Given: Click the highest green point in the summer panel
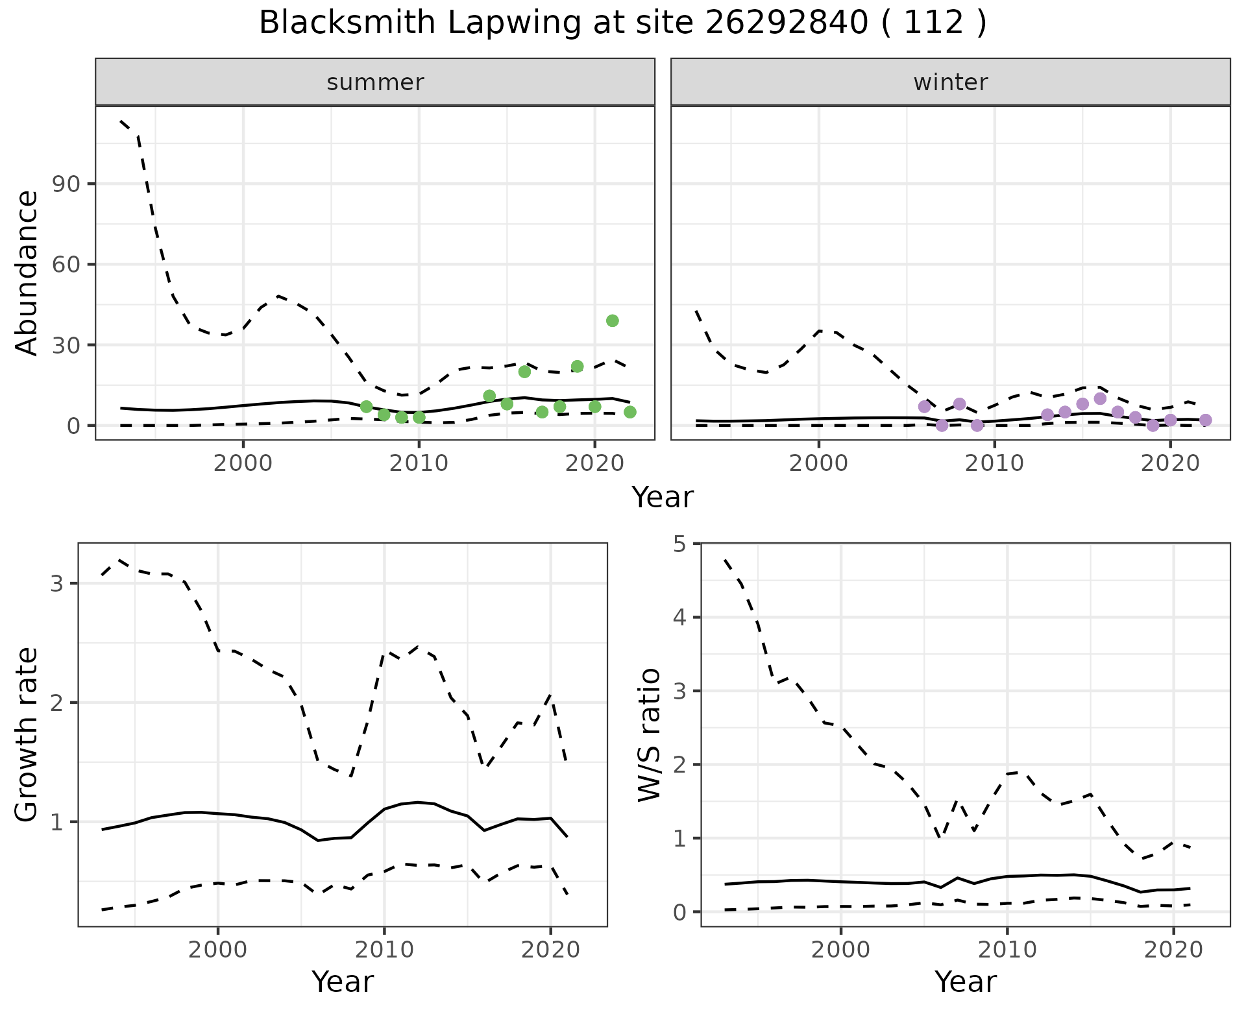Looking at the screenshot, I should click(x=612, y=320).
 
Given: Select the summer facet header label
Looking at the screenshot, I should click(x=375, y=82).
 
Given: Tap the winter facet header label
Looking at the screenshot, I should click(x=950, y=82).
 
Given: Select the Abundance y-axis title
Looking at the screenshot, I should click(x=27, y=272).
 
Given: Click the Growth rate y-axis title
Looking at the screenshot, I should click(x=27, y=734).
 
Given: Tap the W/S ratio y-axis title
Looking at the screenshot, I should click(x=649, y=734).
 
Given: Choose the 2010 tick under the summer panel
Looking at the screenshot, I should click(x=419, y=463).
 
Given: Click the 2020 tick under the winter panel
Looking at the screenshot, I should click(x=1170, y=463).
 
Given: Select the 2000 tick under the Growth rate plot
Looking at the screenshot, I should click(x=218, y=950).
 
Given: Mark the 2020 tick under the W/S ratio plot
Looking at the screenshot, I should click(x=1173, y=950).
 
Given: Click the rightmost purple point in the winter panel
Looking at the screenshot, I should click(x=1205, y=420).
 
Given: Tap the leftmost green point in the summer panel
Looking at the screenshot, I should click(x=366, y=407).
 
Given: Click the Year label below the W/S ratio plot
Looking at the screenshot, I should click(x=965, y=982).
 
